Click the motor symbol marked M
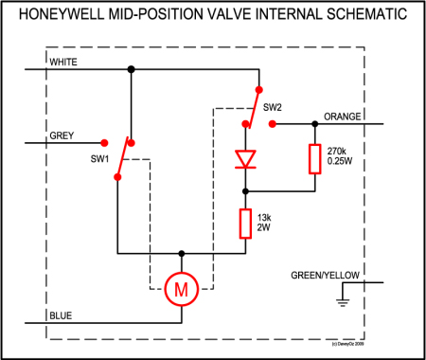182,287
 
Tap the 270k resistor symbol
312,159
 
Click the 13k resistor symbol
247,223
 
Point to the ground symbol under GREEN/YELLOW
341,300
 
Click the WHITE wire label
63,62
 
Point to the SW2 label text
274,107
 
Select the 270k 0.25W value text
340,156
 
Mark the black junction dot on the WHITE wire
131,68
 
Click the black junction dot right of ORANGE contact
312,123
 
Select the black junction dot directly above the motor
182,254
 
